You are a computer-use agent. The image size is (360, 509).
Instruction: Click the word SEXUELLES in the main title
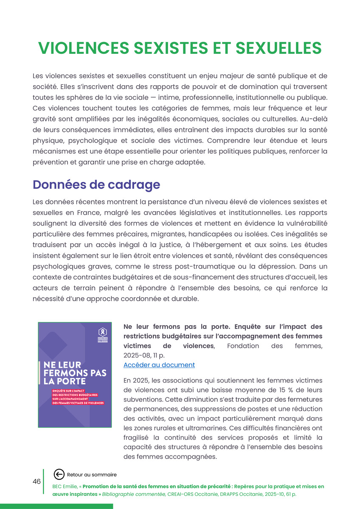click(278, 48)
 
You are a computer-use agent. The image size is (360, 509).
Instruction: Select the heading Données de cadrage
click(96, 185)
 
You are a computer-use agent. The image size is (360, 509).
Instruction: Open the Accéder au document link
click(159, 365)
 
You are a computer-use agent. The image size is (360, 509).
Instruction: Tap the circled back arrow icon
click(59, 474)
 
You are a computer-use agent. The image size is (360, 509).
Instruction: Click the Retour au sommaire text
click(92, 475)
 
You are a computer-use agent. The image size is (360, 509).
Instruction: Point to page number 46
click(37, 481)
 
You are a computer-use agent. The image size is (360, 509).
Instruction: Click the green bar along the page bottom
click(56, 506)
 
